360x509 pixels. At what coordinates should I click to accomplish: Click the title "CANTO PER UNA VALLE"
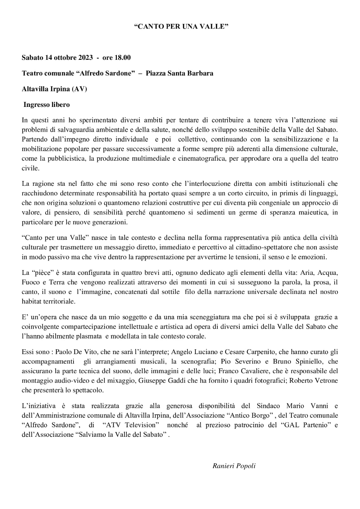tap(181, 27)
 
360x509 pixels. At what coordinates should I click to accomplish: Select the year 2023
tap(84, 58)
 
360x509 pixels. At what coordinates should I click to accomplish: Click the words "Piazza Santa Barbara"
tap(180, 73)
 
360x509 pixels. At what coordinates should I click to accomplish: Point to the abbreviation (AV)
tap(79, 89)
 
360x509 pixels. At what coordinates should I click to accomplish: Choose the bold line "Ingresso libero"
tap(46, 104)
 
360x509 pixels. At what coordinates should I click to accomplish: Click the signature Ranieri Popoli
tap(234, 466)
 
